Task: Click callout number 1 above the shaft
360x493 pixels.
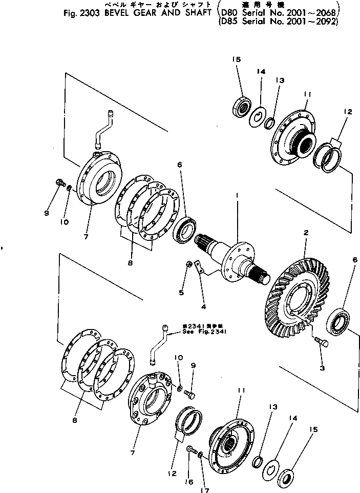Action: (237, 195)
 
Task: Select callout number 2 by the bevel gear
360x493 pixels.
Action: (305, 232)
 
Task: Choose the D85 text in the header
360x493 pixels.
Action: (227, 22)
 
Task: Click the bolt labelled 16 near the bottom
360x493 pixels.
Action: (193, 450)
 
